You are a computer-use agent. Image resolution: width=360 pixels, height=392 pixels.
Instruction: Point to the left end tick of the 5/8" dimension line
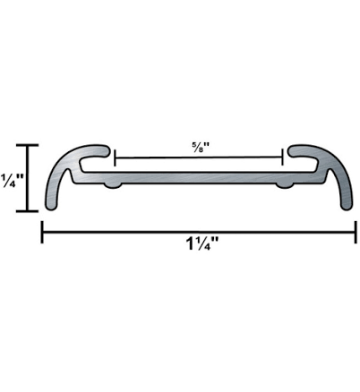116,158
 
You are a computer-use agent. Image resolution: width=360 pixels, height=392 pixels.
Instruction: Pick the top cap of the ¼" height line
29,145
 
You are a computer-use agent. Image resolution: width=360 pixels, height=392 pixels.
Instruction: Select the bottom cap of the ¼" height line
29,211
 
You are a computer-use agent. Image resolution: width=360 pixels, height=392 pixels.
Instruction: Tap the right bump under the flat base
286,184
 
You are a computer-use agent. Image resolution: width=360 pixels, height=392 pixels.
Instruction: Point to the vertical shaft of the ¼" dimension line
29,179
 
